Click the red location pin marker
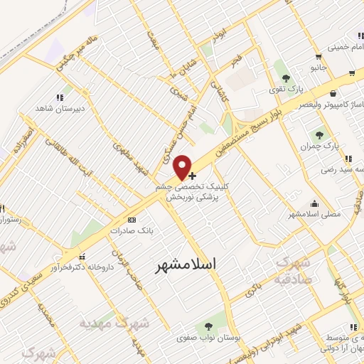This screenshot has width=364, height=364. (183, 167)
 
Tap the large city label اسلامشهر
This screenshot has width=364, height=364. (186, 264)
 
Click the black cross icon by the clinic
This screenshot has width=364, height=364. (193, 175)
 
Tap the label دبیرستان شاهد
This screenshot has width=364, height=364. (60, 109)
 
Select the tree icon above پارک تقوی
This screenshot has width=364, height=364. (287, 77)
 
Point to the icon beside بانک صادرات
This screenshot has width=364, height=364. (132, 220)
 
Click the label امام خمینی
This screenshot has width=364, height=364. (344, 49)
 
